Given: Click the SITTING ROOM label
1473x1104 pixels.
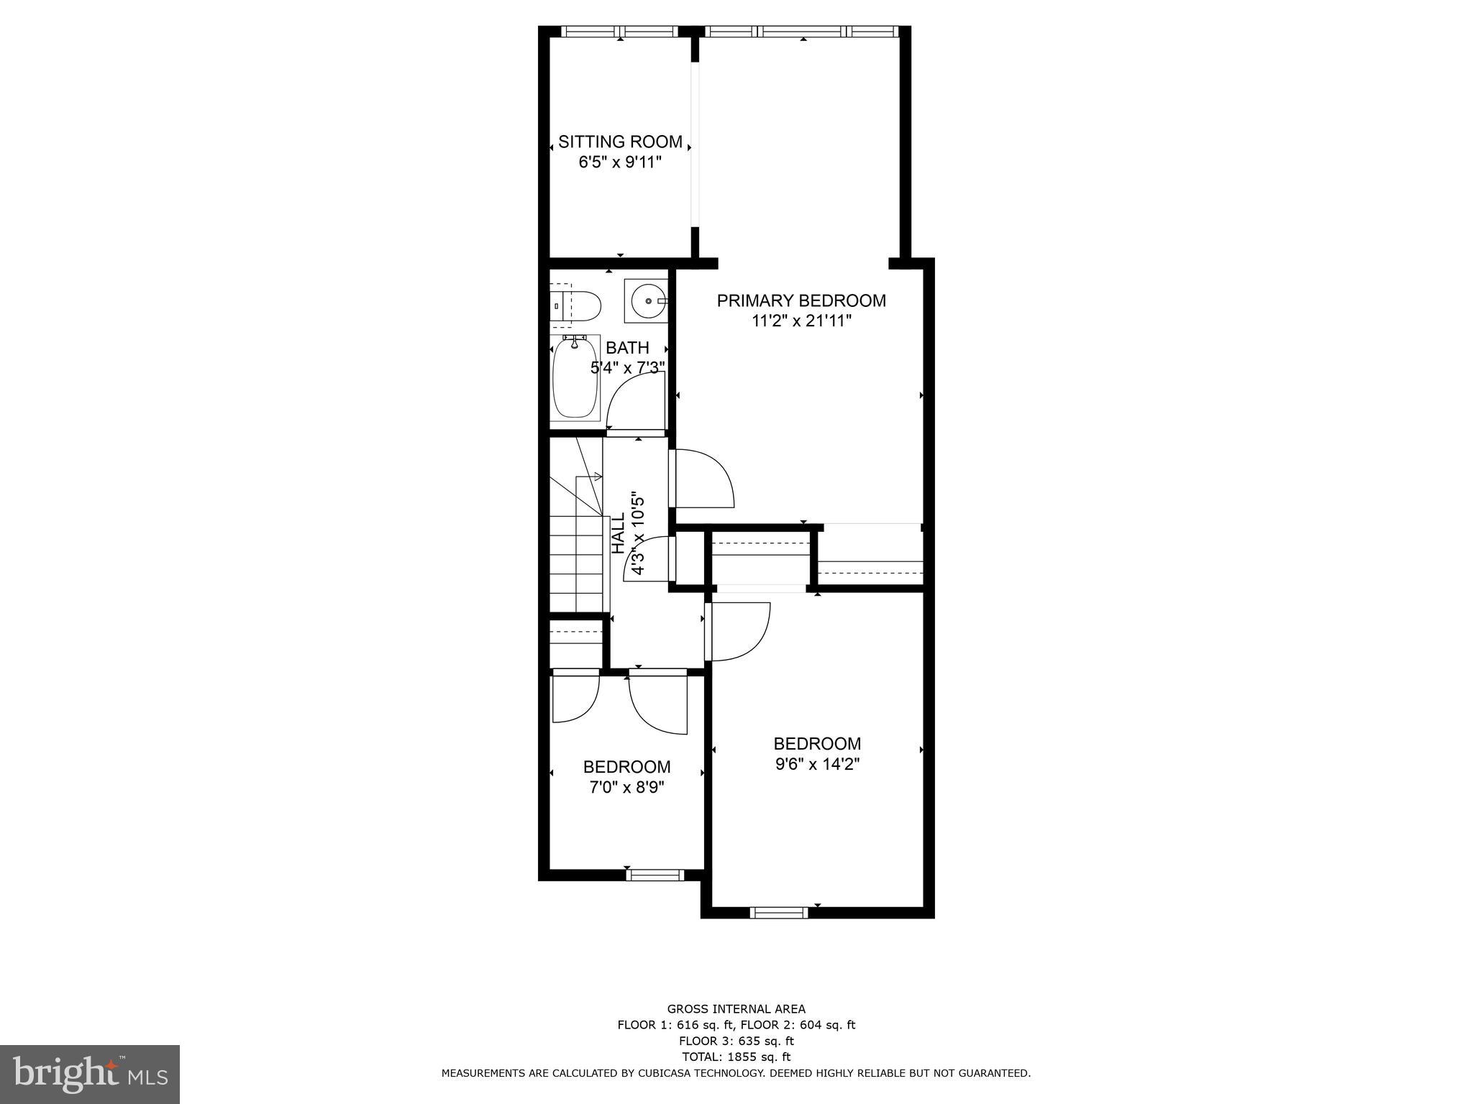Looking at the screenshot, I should (620, 142).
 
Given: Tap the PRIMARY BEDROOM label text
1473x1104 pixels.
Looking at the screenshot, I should (801, 300).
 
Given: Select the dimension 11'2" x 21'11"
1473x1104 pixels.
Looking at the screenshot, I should (801, 321).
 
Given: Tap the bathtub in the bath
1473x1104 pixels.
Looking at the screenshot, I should (575, 378).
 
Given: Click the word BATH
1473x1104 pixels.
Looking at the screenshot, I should (627, 348).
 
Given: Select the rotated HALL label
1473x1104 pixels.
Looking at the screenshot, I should (618, 533).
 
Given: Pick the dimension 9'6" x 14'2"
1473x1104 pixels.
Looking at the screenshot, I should (817, 764).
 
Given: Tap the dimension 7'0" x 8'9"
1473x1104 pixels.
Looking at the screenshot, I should (626, 787).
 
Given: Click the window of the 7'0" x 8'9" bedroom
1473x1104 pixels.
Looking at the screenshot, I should (655, 875).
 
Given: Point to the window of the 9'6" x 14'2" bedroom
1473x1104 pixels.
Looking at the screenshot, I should (778, 913).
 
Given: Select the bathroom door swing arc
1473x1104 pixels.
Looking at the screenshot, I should (633, 402).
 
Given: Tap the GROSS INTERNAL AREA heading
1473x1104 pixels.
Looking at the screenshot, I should (736, 1009).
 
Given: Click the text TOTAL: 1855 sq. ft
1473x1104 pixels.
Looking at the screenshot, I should (736, 1057).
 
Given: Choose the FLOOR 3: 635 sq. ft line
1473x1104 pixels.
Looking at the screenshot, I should (736, 1041).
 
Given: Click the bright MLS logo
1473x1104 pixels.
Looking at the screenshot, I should (90, 1074).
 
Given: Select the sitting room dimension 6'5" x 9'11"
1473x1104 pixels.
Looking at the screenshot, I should (620, 162).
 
